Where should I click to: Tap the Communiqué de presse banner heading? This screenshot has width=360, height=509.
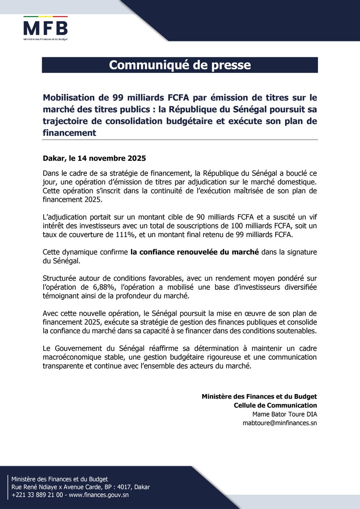click(x=180, y=65)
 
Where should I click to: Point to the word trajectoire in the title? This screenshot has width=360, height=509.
click(x=65, y=121)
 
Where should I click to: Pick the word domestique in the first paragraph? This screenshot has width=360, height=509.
click(x=296, y=182)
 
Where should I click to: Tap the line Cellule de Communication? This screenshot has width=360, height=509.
click(x=275, y=405)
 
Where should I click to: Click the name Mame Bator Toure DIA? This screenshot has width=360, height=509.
click(x=285, y=414)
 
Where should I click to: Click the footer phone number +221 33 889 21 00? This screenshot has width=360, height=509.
click(x=37, y=495)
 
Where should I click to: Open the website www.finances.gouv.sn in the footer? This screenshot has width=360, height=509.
click(x=98, y=495)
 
